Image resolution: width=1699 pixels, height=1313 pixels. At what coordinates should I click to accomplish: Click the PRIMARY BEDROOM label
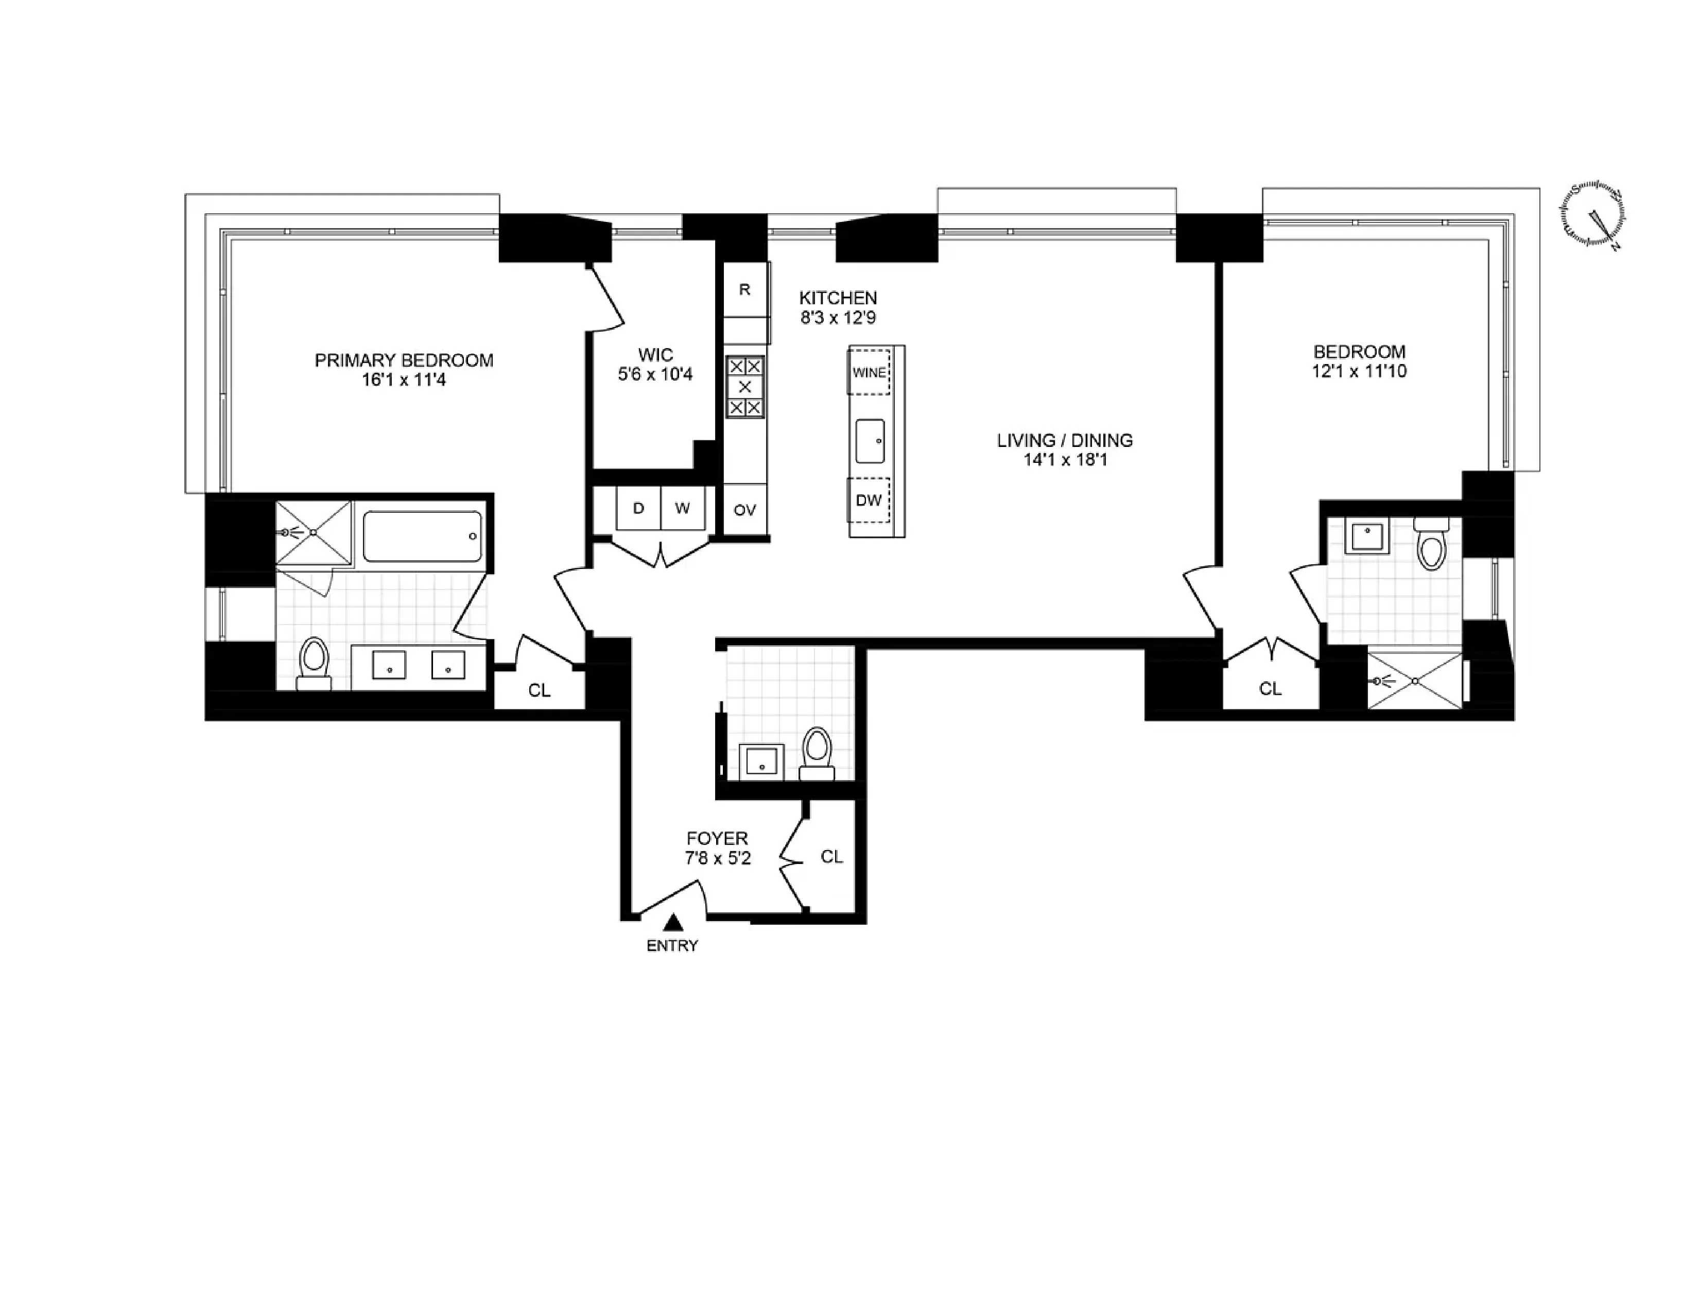click(x=403, y=360)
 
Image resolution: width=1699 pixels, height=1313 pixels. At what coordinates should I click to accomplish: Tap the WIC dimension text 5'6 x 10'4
click(x=655, y=375)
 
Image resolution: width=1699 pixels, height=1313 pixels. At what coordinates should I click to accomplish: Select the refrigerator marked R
click(x=744, y=290)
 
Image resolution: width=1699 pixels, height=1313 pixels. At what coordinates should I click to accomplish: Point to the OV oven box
click(x=744, y=510)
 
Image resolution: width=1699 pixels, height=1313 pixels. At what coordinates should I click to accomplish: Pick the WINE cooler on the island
click(x=869, y=373)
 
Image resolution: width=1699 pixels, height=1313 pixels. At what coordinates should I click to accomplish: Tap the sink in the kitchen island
click(x=870, y=441)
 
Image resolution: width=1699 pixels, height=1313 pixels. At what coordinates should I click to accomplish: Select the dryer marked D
click(x=638, y=509)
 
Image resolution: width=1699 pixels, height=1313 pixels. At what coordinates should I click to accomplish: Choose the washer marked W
click(x=682, y=509)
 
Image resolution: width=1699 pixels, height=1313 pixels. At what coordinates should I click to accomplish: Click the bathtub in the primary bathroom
click(x=422, y=536)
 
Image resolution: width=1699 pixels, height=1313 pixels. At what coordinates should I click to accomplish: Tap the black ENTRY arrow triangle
click(x=673, y=923)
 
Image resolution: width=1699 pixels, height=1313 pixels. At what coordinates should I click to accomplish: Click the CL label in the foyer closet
click(x=831, y=856)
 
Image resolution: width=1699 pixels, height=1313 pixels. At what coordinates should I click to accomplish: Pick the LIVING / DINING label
click(x=1064, y=440)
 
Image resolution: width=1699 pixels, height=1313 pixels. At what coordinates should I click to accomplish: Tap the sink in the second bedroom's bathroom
click(x=1367, y=537)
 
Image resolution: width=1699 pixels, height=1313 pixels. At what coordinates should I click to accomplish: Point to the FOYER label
click(x=717, y=838)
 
